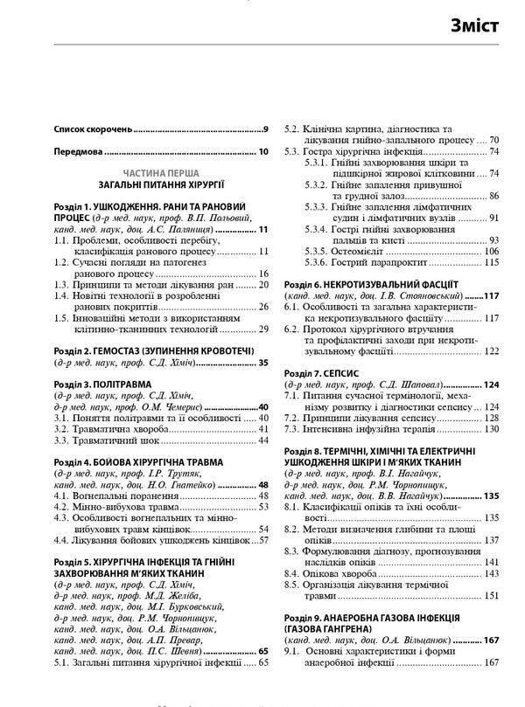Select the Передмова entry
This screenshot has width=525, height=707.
(x=76, y=152)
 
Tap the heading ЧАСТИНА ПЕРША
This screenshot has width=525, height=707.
(x=161, y=173)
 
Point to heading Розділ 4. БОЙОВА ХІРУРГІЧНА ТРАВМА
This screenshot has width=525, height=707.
(x=138, y=461)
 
